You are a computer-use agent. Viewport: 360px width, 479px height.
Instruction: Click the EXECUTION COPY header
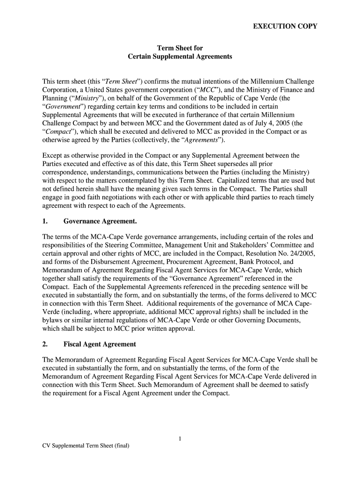click(x=285, y=26)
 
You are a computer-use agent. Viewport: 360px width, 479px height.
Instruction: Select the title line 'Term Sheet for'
click(x=180, y=48)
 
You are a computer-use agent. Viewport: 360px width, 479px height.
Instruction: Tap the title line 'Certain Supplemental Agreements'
click(x=180, y=56)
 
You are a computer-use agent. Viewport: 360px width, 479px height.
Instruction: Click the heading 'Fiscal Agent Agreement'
click(x=100, y=344)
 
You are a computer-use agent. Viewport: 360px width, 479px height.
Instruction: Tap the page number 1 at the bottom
click(x=180, y=438)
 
